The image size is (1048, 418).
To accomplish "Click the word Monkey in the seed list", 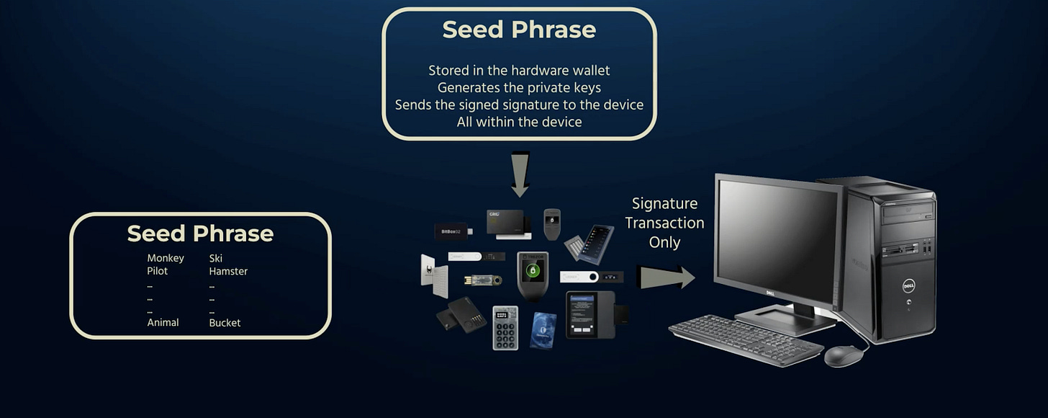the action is tap(166, 258).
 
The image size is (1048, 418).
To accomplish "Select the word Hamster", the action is tap(228, 272).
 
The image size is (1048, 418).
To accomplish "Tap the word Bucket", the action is tap(225, 323).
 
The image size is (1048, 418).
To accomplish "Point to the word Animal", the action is tap(163, 323).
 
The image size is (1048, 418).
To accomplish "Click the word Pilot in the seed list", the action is tap(158, 272).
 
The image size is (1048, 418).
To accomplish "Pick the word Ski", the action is tap(216, 258).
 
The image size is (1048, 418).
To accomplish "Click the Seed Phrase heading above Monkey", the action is tap(200, 234).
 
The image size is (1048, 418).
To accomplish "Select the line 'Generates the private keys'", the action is tap(519, 87).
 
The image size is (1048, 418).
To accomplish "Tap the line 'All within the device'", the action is tap(519, 122).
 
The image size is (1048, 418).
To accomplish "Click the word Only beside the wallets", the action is tap(664, 242).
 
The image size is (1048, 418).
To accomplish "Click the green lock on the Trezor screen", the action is tap(533, 271).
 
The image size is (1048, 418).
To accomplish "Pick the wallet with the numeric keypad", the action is tap(505, 328).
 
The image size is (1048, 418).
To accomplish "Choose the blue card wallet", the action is tap(544, 330).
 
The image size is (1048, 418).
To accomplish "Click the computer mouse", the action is tap(842, 355).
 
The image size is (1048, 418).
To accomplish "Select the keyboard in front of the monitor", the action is tap(745, 339).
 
